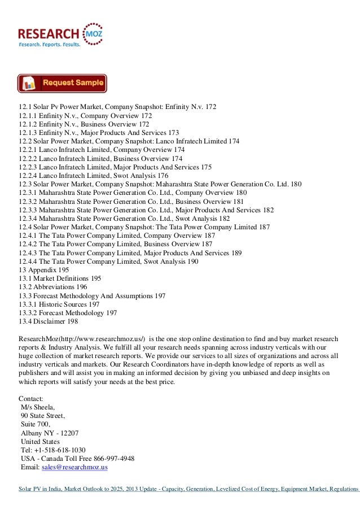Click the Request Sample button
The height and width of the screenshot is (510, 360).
63,84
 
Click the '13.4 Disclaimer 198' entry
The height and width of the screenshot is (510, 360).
49,322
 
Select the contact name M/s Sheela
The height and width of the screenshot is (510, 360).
39,407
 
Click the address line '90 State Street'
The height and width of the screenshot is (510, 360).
43,416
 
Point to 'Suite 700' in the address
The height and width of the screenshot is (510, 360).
36,425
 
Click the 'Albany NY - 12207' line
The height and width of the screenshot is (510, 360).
50,433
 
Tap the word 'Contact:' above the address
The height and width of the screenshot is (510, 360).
32,399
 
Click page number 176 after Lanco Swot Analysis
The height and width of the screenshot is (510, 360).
161,176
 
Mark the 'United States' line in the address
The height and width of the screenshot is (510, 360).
40,442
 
